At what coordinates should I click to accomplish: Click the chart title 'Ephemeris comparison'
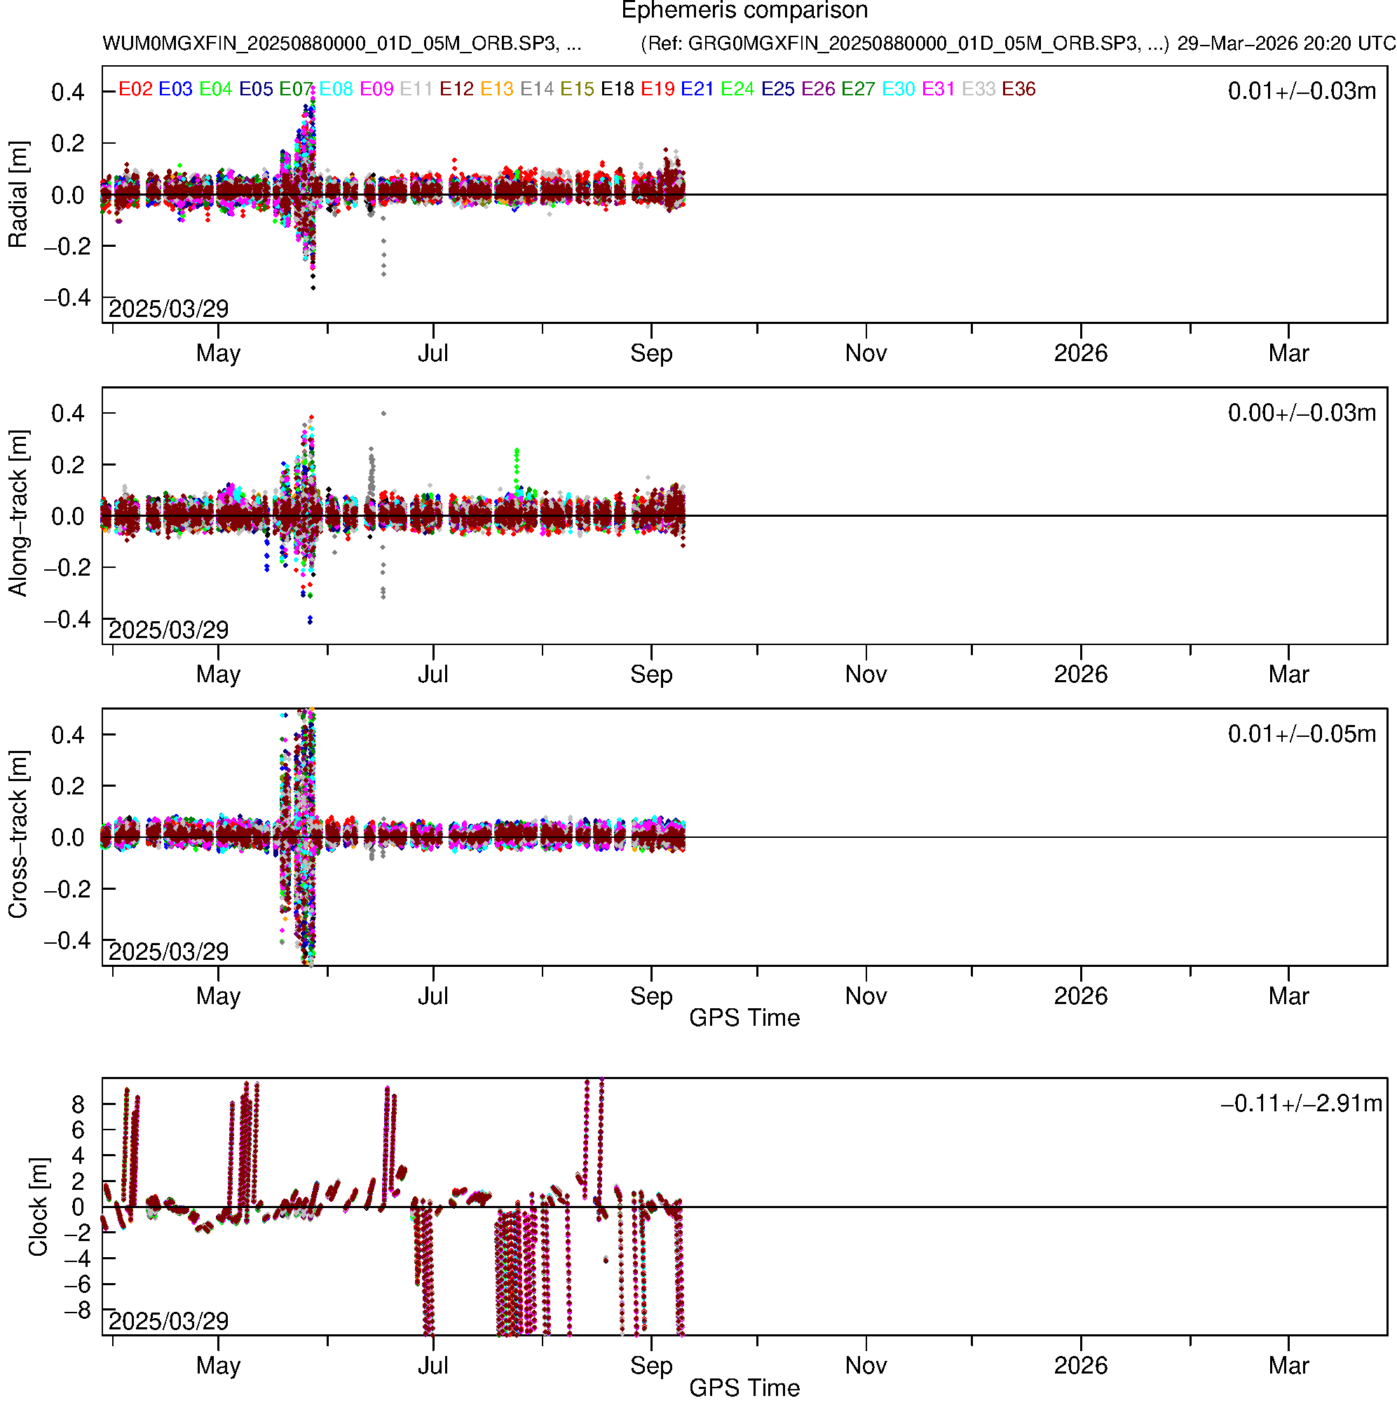click(744, 11)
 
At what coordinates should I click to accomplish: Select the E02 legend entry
click(136, 89)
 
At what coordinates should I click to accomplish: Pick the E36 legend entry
click(1018, 89)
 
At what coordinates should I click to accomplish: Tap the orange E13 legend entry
click(498, 89)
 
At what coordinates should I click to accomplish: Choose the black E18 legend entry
click(618, 89)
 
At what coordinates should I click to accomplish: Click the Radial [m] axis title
click(18, 195)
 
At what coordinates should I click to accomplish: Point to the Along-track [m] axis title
click(18, 513)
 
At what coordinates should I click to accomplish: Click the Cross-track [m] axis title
click(18, 835)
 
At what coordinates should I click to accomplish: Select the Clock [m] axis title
click(38, 1207)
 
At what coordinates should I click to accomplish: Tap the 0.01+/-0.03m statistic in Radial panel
click(1302, 91)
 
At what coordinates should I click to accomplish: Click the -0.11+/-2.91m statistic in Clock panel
click(1302, 1104)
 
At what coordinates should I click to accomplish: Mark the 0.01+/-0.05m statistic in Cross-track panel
click(1302, 734)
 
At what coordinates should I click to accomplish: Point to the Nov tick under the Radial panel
click(866, 353)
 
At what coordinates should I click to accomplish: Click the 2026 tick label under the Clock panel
click(1081, 1365)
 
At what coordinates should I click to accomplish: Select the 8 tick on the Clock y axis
click(78, 1104)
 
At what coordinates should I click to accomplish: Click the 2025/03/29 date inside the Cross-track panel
click(168, 951)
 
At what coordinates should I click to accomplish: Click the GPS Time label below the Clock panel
click(744, 1388)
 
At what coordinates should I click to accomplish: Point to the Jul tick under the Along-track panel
click(433, 675)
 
